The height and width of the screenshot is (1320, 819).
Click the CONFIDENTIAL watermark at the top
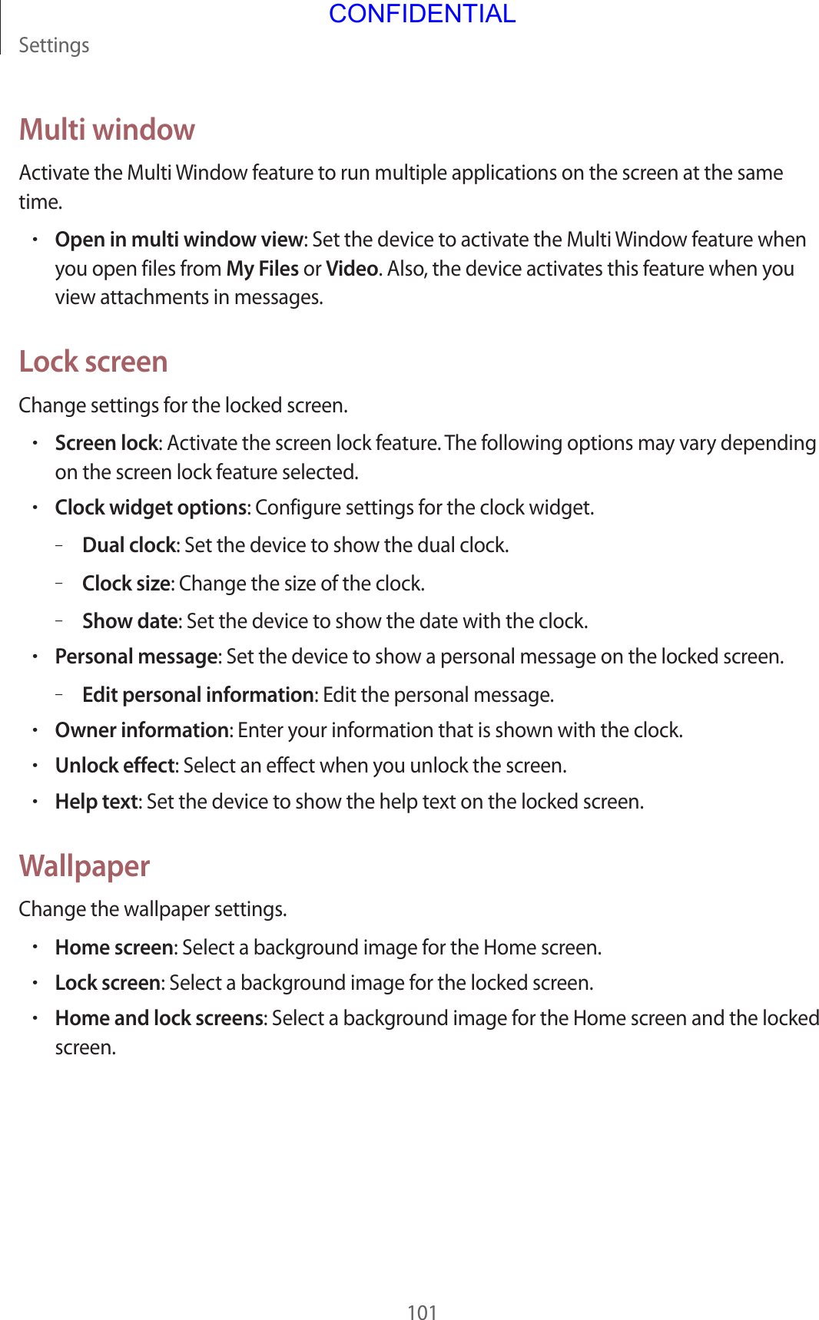[422, 14]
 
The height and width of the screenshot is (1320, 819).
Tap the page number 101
[422, 1312]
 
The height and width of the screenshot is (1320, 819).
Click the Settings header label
[54, 45]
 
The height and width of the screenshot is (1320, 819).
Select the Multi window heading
[107, 130]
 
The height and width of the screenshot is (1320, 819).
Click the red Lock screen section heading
[93, 362]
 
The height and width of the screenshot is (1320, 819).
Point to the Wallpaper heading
[85, 866]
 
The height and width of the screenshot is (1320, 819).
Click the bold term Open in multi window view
[179, 240]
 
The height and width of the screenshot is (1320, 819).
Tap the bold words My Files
[262, 269]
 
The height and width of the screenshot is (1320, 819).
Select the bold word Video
[351, 269]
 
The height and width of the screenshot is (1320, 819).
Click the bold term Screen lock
[106, 443]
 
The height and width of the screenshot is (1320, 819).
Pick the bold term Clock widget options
[151, 508]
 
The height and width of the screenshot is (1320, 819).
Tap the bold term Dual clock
[129, 545]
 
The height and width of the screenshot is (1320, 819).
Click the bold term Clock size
[126, 584]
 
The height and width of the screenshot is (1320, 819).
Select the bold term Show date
[130, 620]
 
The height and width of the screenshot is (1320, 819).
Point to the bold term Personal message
[136, 657]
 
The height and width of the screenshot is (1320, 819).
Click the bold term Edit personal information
[197, 695]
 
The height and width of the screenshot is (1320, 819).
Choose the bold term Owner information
[142, 729]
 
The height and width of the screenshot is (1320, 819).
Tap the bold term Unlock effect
[115, 766]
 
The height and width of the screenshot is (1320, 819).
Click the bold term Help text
[97, 802]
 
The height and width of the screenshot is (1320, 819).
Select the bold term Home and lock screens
[159, 1018]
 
